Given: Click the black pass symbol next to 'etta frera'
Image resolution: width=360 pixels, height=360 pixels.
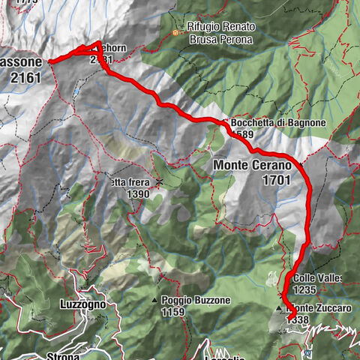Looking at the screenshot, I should coord(159,182).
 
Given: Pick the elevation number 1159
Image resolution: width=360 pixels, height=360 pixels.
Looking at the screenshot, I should coord(172,312).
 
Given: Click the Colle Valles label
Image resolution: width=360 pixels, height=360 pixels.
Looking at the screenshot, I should coord(318,278).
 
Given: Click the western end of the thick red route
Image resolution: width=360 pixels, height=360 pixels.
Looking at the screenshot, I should coord(50,61).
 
